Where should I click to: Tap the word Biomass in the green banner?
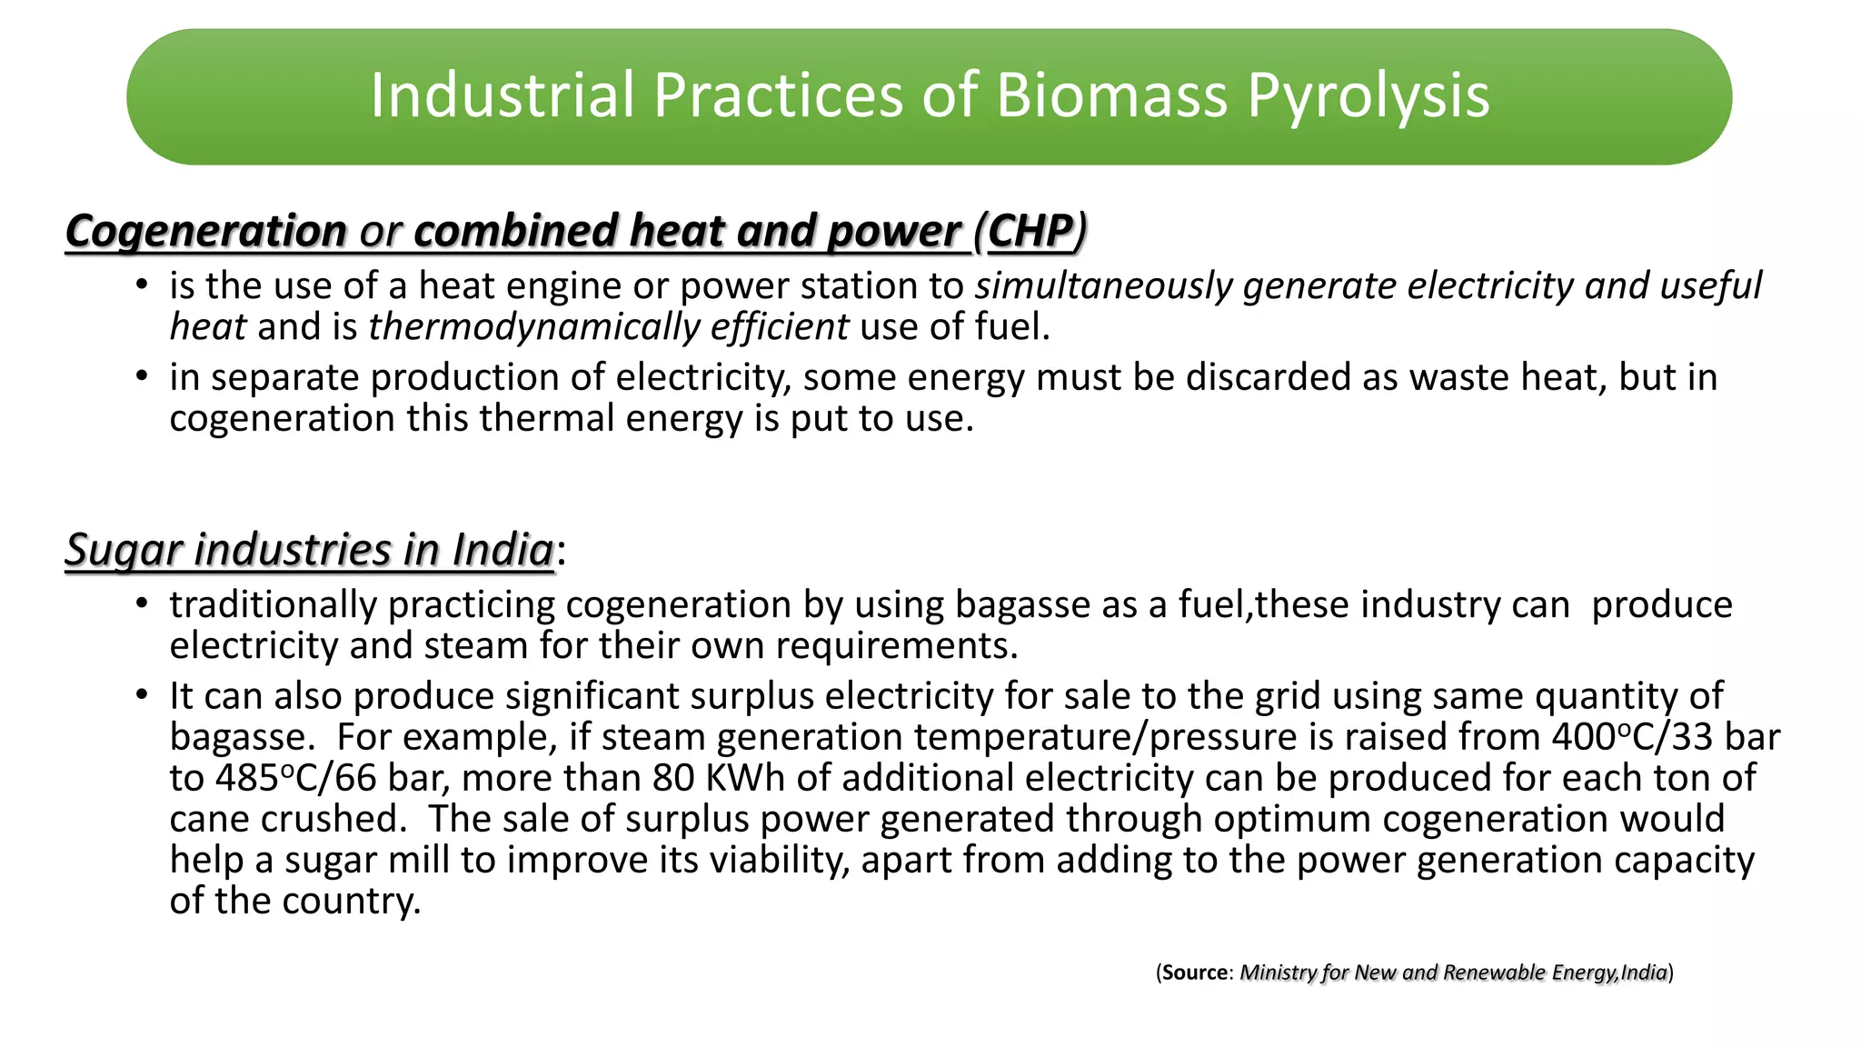pyautogui.click(x=1113, y=96)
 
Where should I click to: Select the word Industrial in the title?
pyautogui.click(x=502, y=96)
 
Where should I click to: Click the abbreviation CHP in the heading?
pyautogui.click(x=1030, y=231)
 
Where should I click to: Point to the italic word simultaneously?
pyautogui.click(x=1104, y=286)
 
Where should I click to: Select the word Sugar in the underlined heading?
pyautogui.click(x=124, y=550)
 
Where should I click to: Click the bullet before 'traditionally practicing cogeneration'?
pyautogui.click(x=141, y=604)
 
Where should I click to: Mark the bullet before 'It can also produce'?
pyautogui.click(x=141, y=695)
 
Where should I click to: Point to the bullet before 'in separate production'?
pyautogui.click(x=141, y=376)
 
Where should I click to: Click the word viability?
pyautogui.click(x=779, y=860)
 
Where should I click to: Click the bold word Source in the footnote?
pyautogui.click(x=1195, y=972)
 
